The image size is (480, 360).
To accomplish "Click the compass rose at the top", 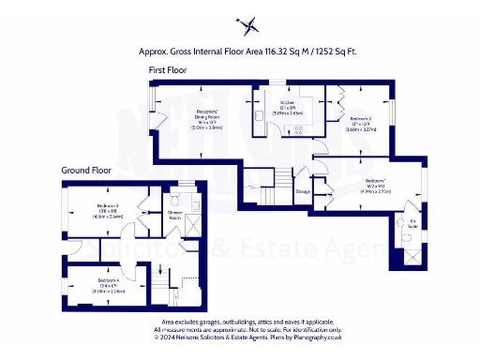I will pyautogui.click(x=247, y=22).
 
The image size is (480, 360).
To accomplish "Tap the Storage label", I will pyautogui.click(x=303, y=191).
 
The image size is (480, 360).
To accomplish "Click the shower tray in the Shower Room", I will pyautogui.click(x=191, y=226).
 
